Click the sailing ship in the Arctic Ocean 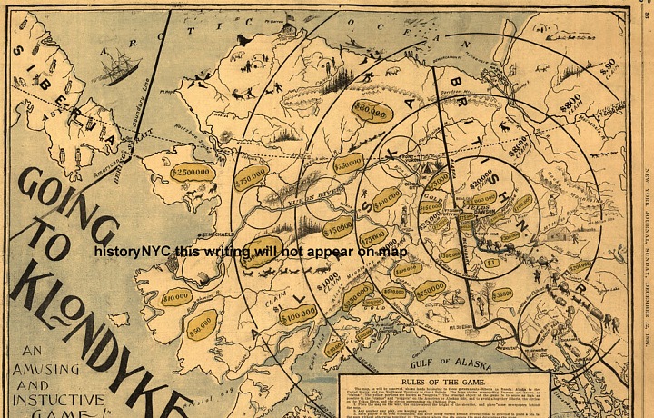point(115,67)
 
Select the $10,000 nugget point(176,295)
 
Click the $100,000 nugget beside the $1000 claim point(296,312)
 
